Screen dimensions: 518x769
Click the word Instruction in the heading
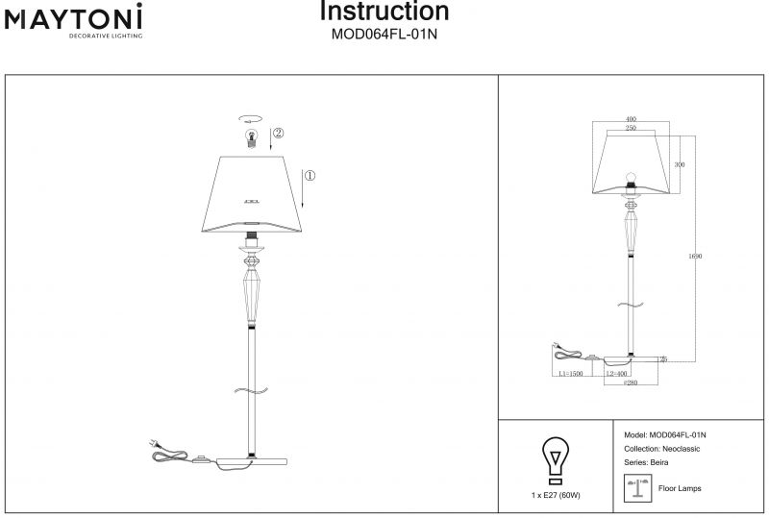click(x=384, y=12)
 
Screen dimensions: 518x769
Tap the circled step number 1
click(x=309, y=176)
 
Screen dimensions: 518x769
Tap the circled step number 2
click(x=277, y=134)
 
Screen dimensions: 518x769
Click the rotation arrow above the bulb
click(x=252, y=118)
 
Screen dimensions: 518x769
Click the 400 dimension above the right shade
click(x=631, y=120)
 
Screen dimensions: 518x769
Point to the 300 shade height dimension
click(x=679, y=165)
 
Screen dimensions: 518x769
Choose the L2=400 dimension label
click(x=616, y=373)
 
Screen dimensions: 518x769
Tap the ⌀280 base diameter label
click(x=631, y=383)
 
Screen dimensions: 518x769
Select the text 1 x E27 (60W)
click(x=555, y=495)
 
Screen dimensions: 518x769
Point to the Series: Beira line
click(x=646, y=462)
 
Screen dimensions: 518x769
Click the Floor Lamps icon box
click(x=635, y=488)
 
